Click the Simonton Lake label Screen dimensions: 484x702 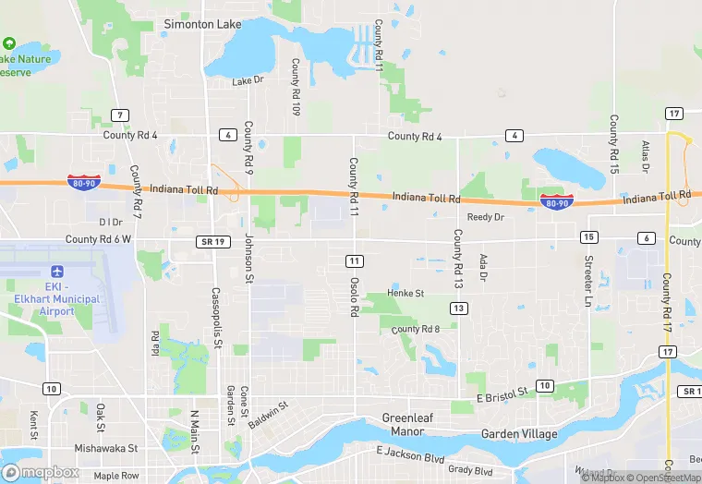pyautogui.click(x=202, y=24)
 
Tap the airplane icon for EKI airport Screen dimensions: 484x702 pyautogui.click(x=57, y=272)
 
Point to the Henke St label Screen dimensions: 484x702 pyautogui.click(x=405, y=294)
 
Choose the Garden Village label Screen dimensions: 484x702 pyautogui.click(x=519, y=434)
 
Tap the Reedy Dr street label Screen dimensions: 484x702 pyautogui.click(x=485, y=218)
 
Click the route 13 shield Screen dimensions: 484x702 pyautogui.click(x=457, y=308)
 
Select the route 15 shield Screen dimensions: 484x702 pyautogui.click(x=588, y=238)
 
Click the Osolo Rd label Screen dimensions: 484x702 pyautogui.click(x=354, y=296)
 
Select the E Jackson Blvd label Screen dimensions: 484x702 pyautogui.click(x=410, y=453)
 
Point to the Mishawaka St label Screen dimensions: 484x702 pyautogui.click(x=106, y=448)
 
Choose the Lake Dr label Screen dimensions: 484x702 pyautogui.click(x=248, y=81)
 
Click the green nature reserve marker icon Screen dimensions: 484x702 pyautogui.click(x=9, y=43)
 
